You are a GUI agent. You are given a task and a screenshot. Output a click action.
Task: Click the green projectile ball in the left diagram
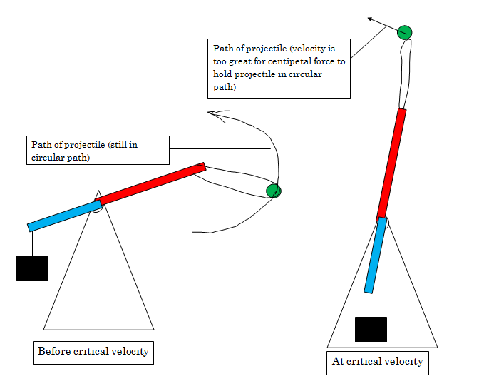(274, 191)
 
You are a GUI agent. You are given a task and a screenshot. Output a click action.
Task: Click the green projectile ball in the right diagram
(404, 32)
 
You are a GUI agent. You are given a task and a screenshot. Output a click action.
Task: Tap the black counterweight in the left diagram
(32, 268)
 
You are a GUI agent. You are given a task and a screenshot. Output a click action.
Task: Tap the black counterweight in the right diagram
(371, 329)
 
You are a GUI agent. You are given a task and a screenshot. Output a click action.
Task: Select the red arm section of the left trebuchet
(150, 183)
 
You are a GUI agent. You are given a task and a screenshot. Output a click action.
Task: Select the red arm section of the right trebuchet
(391, 165)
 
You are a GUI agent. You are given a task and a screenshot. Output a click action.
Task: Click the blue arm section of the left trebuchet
(64, 216)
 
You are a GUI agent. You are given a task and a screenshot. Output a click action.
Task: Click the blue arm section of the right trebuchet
(376, 255)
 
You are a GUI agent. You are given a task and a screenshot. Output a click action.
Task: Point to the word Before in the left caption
(54, 351)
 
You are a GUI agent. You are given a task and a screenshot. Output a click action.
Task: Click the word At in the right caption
(338, 361)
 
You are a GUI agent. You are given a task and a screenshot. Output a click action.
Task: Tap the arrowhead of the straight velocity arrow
(370, 19)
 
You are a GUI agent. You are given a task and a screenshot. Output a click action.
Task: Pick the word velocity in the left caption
(130, 351)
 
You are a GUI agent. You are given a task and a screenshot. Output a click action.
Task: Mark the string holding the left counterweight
(32, 243)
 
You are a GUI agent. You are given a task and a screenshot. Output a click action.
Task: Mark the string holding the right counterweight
(371, 305)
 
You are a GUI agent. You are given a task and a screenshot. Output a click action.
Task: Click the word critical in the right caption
(364, 361)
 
